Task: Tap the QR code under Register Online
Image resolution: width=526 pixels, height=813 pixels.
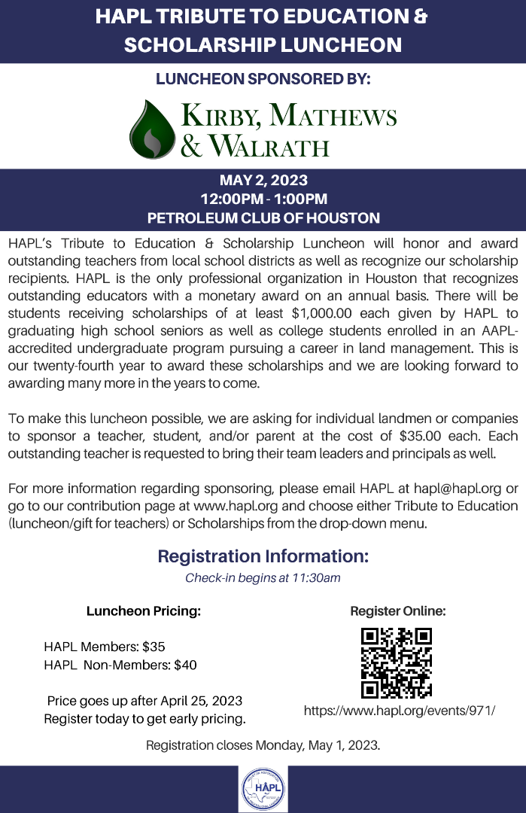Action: tap(397, 662)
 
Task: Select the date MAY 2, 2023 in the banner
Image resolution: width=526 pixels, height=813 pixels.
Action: tap(263, 181)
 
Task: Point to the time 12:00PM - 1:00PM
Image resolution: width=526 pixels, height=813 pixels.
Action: tap(263, 199)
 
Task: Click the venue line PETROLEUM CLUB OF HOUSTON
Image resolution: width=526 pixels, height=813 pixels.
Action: tap(263, 218)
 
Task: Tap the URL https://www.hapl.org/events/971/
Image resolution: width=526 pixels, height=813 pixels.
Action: tap(400, 710)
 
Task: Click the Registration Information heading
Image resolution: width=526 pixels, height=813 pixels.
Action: tap(263, 557)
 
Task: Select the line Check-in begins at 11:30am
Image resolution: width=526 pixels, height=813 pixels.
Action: tap(263, 578)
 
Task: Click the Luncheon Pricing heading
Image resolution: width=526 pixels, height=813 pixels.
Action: tap(144, 611)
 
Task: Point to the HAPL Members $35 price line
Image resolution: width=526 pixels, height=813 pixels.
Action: tap(105, 647)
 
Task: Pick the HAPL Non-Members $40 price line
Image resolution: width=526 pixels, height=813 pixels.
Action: tap(120, 665)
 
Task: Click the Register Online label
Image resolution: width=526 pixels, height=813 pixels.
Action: tap(398, 611)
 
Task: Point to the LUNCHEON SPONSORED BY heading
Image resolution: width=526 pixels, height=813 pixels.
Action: tap(263, 78)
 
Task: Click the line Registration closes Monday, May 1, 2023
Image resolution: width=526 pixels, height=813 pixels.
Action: tap(263, 746)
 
